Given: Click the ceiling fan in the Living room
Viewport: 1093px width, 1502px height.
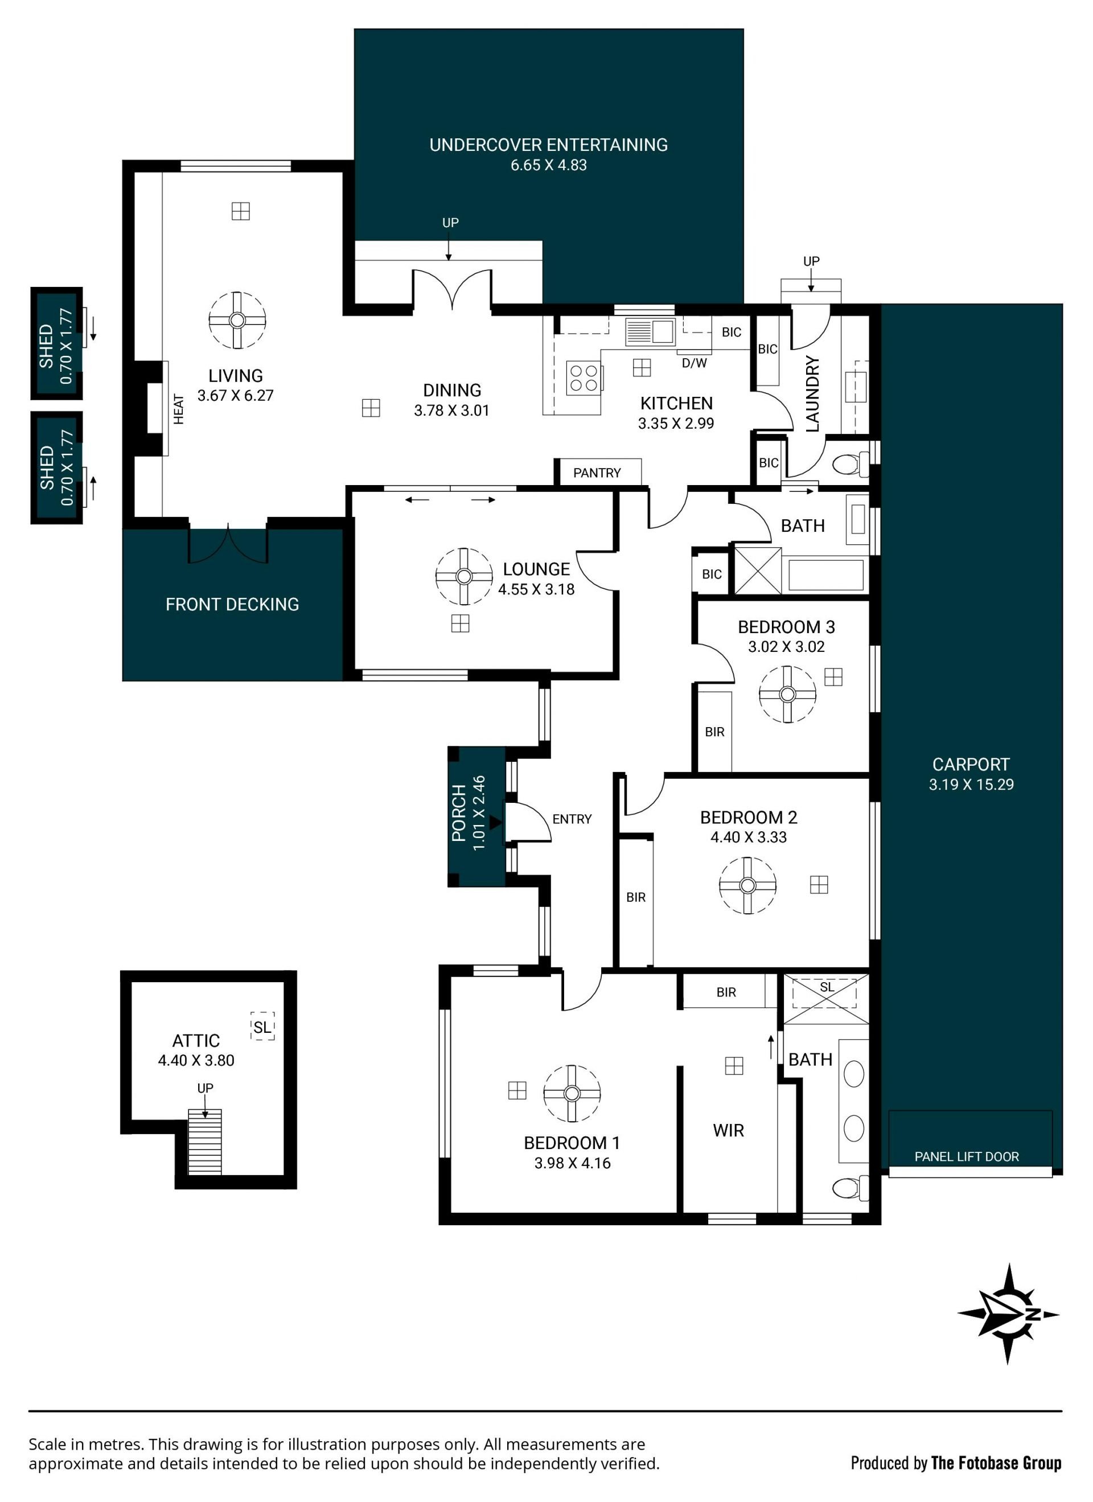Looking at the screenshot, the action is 237,321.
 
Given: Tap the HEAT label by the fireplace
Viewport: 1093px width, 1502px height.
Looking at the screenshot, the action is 179,409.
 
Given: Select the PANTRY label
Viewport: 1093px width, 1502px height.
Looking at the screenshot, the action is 597,473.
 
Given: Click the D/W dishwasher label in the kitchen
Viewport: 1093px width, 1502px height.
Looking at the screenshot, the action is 695,363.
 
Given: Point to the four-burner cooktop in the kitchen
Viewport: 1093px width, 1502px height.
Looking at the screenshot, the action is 584,379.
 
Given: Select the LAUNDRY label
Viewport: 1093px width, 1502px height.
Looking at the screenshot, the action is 812,394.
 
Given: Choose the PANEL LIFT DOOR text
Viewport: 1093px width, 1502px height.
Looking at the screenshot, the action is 967,1157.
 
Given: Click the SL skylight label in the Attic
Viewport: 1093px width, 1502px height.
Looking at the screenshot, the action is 262,1027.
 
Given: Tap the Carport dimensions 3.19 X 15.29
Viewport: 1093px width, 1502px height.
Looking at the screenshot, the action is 971,785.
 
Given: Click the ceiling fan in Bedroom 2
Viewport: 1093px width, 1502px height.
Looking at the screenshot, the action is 748,885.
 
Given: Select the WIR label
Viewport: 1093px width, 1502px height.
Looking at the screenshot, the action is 728,1130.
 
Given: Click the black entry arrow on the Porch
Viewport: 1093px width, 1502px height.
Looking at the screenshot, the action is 496,823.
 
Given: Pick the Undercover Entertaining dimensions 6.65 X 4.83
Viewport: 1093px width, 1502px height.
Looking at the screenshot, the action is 549,166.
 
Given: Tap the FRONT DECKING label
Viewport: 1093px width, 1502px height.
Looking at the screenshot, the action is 232,605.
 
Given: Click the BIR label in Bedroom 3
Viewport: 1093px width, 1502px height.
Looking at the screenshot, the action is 714,732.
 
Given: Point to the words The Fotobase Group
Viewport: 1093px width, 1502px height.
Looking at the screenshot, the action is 996,1463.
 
